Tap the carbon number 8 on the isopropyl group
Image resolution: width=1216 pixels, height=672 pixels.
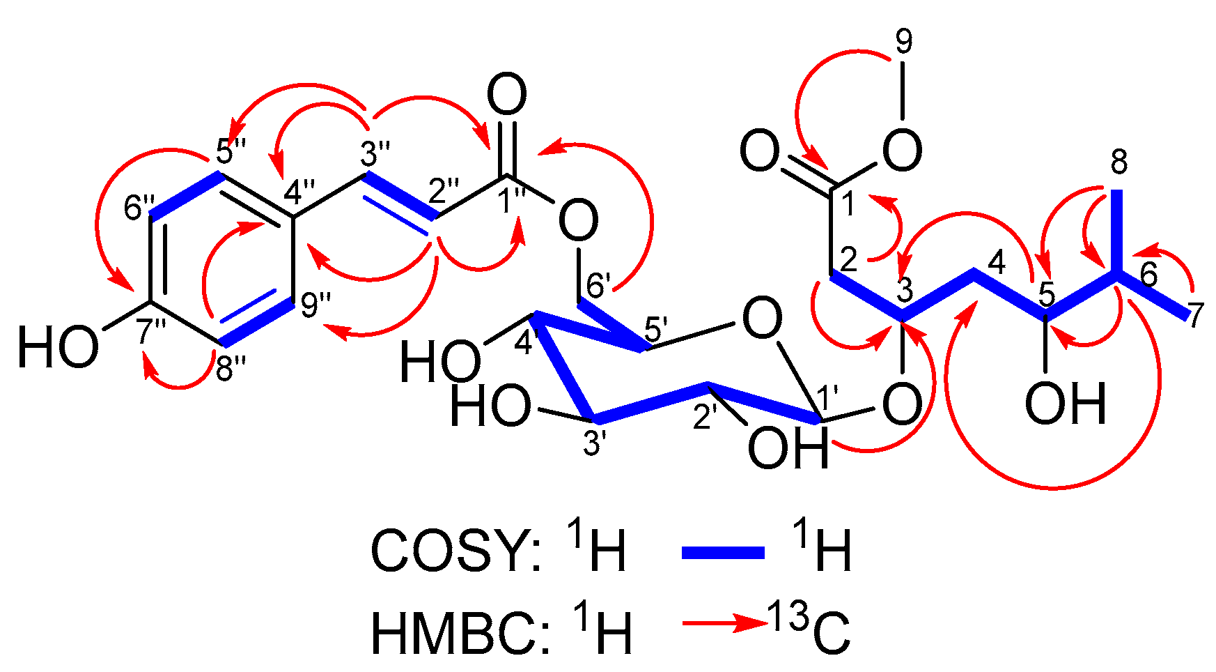click(x=1118, y=163)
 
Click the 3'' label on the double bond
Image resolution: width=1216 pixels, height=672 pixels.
click(x=375, y=154)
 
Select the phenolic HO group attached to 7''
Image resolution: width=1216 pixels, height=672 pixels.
click(x=58, y=348)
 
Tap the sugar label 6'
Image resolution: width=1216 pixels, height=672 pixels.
click(x=598, y=285)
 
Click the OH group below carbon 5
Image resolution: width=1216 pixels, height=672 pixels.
click(x=1066, y=404)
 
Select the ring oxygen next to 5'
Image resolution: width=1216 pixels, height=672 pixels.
click(x=762, y=320)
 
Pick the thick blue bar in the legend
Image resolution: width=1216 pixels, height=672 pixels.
click(x=723, y=553)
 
